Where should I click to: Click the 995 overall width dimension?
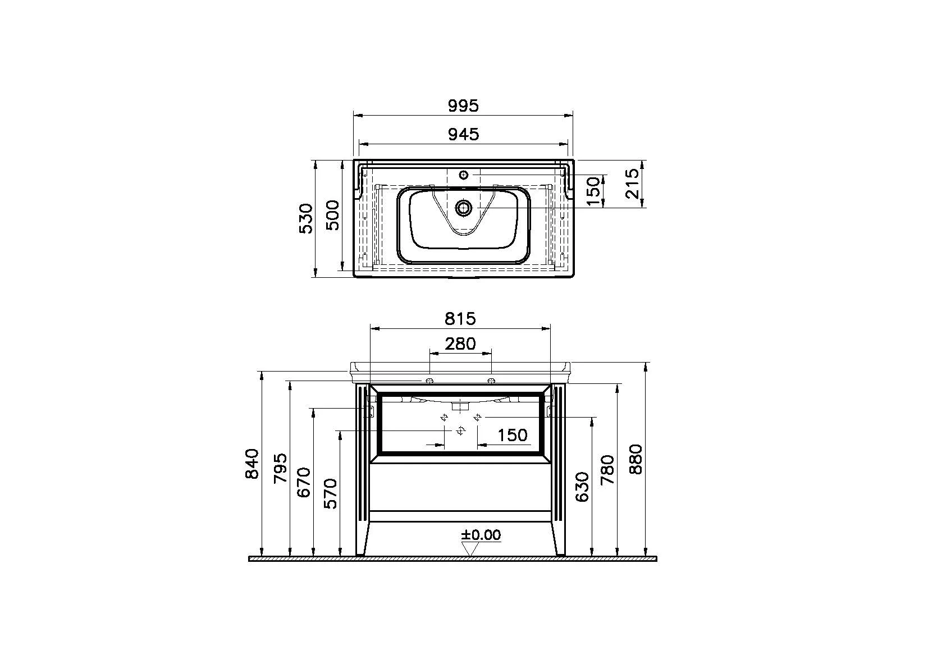(463, 105)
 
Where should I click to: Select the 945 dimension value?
(463, 134)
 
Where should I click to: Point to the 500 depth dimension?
(333, 214)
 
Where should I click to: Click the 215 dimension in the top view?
(633, 183)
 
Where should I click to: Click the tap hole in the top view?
(464, 175)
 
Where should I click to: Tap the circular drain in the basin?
(464, 208)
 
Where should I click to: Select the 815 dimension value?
(460, 318)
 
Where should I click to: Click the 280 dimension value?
(460, 343)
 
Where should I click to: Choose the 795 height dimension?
(280, 468)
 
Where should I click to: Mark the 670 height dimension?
(304, 482)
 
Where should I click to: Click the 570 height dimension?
(331, 493)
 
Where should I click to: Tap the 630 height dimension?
(582, 487)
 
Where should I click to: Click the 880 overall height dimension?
(636, 459)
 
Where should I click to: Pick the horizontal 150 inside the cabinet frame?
(513, 435)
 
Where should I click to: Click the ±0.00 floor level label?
(481, 534)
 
